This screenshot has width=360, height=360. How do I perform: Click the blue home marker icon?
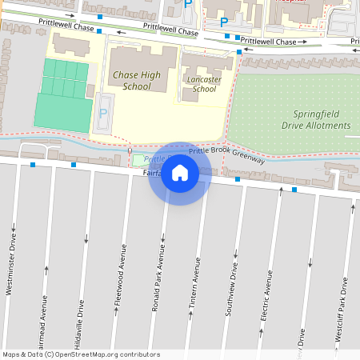(180, 172)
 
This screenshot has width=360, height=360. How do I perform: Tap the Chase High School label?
(131, 80)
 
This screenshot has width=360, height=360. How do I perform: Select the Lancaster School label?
(204, 84)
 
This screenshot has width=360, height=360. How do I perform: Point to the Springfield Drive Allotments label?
(316, 120)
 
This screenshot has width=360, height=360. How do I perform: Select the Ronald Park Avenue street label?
(160, 284)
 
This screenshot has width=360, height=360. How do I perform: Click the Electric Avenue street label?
(268, 296)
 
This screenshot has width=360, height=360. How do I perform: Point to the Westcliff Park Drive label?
(342, 310)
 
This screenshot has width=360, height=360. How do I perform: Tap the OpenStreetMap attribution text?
(81, 354)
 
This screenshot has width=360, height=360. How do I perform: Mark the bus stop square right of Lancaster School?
(239, 52)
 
